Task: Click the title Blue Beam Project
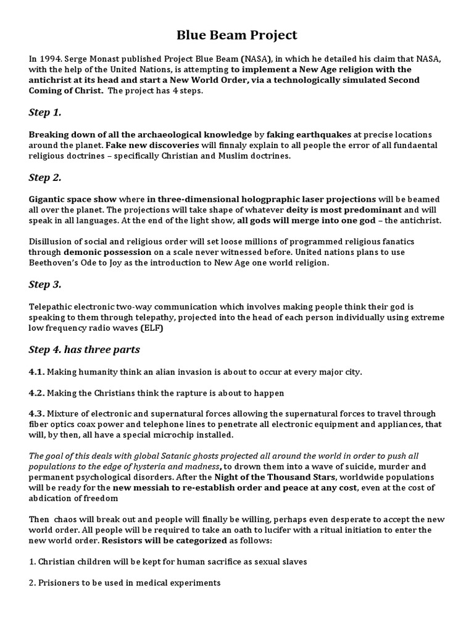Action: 237,35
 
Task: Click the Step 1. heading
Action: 46,112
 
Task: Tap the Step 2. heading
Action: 46,178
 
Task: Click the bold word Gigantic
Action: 51,199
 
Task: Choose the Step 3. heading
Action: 46,285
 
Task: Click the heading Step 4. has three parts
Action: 85,350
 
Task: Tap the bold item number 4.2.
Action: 36,393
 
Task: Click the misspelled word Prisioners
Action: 62,583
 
